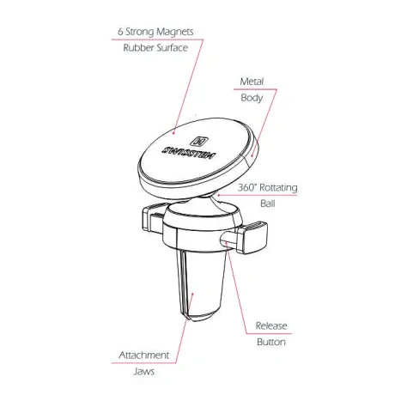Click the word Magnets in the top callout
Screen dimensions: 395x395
point(175,32)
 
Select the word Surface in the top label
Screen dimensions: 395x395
point(173,47)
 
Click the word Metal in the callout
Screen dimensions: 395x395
point(252,82)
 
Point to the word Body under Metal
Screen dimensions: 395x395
point(252,98)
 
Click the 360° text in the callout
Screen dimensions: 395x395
point(247,187)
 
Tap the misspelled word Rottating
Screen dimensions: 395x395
point(278,188)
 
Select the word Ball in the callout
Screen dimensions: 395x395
point(268,204)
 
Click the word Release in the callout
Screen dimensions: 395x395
point(271,325)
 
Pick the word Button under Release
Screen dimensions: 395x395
point(271,342)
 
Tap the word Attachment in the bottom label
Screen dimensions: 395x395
point(144,355)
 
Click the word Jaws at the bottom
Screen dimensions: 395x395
point(144,372)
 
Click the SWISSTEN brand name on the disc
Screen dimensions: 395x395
point(189,154)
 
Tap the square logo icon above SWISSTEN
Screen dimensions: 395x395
point(199,141)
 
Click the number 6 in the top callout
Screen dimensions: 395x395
point(120,32)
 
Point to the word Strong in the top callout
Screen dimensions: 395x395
point(140,32)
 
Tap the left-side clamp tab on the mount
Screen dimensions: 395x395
point(154,216)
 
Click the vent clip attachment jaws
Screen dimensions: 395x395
point(202,285)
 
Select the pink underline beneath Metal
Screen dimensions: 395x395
point(255,89)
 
